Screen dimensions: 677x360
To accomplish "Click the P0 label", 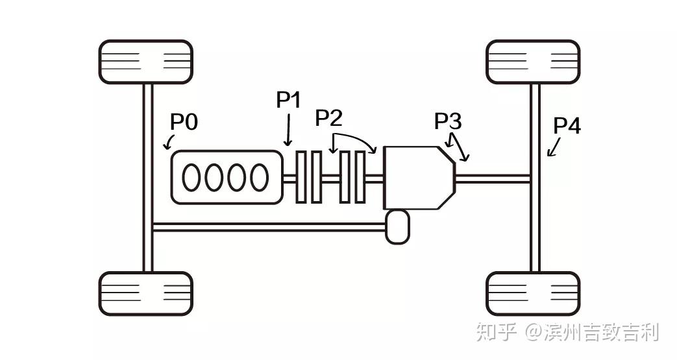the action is pos(184,122).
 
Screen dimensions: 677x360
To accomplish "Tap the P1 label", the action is pos(288,100).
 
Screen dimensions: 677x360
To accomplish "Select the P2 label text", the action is pos(329,117).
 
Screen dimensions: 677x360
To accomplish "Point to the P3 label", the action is pos(448,121).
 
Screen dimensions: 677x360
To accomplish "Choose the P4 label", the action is pos(567,126).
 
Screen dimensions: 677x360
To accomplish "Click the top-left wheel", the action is pos(145,62).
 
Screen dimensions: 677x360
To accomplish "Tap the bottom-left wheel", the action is pos(145,294).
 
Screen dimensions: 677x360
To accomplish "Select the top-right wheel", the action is pos(533,62).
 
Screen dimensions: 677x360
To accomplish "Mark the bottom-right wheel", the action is pos(533,294).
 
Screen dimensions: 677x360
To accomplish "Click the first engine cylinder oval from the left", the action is pos(191,178).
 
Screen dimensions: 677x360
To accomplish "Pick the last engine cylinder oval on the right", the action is pos(260,178).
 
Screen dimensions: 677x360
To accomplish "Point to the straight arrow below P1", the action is pos(288,130).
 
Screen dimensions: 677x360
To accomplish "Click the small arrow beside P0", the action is pos(169,143).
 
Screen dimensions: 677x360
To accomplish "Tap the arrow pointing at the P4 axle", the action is pos(554,147).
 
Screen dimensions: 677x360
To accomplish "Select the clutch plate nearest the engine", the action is pos(301,177).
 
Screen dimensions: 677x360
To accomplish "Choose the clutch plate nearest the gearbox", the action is pos(360,177).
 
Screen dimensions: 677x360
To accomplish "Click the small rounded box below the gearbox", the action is pos(397,226).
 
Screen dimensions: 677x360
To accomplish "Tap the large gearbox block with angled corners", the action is pos(419,178).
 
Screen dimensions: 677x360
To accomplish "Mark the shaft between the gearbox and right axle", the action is pos(493,178).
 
